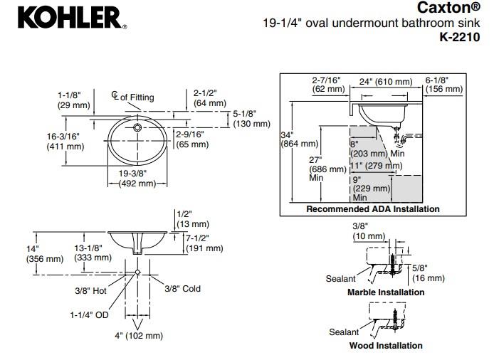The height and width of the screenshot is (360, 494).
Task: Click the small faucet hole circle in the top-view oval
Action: tap(137, 129)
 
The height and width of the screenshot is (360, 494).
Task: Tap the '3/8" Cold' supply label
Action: tap(183, 289)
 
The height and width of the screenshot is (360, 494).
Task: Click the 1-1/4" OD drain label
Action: tap(89, 314)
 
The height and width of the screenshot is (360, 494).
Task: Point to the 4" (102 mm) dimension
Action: tap(140, 336)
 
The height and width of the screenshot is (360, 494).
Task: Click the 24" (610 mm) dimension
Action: tap(385, 83)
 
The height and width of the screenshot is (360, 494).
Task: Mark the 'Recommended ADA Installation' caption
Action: tap(372, 209)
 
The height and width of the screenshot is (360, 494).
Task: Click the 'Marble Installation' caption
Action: tap(385, 292)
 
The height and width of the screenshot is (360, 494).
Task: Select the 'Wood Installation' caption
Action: tap(385, 346)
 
